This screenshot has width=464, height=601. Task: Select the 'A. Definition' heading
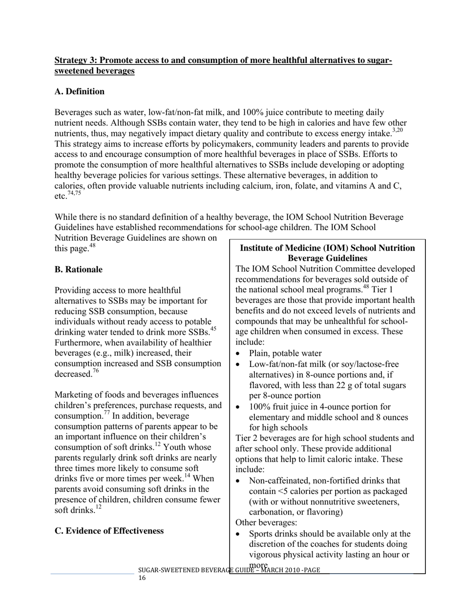[79, 92]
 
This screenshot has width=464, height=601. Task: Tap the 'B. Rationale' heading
[78, 270]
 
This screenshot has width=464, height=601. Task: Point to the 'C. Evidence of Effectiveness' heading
[109, 531]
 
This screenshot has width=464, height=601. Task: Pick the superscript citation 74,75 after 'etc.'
[74, 193]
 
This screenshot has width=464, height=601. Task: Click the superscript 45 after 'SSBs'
[213, 329]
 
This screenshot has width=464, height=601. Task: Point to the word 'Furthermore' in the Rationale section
[79, 343]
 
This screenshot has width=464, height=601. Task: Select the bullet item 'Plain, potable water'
[285, 353]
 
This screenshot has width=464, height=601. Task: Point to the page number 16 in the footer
[142, 578]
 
